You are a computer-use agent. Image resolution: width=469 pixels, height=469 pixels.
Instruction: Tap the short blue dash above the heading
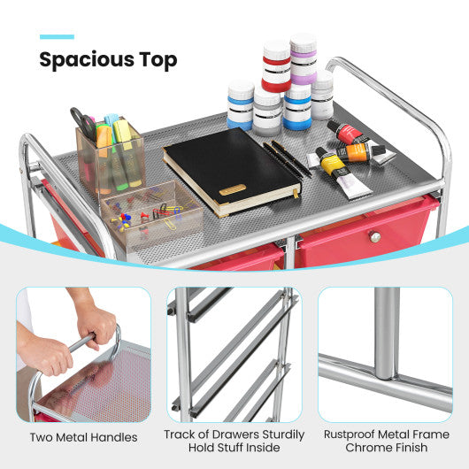57,36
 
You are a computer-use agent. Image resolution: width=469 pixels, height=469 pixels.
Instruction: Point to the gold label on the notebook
233,189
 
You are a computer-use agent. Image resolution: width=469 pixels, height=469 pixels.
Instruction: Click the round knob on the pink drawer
375,237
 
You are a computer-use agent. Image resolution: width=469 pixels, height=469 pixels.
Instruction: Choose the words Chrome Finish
386,448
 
